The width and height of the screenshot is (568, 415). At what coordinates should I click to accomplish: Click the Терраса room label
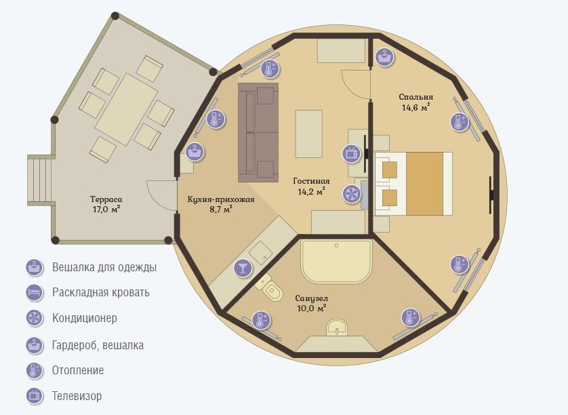pos(106,199)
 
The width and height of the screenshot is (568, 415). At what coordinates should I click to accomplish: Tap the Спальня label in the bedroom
pos(416,97)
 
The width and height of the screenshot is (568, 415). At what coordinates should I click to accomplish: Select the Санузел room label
pos(312,298)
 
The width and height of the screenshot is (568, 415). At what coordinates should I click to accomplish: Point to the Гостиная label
pos(311,181)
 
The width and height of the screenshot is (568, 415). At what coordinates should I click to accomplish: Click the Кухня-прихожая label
pos(221,199)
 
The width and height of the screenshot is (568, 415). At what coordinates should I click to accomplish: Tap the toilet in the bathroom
pos(270,288)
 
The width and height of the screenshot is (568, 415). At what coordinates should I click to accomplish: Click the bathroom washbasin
pos(337,328)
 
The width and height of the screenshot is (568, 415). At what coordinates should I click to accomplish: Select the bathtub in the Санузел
pos(336,261)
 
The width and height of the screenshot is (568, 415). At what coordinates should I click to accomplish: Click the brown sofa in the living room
pos(258,132)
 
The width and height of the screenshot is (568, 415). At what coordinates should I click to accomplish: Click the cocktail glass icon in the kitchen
pos(243,269)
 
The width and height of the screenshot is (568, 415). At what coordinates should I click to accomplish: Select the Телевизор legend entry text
pos(77,396)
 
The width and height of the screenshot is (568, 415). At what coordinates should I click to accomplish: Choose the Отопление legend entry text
pos(78,370)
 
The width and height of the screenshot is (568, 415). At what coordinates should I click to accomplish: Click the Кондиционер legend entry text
pos(85,318)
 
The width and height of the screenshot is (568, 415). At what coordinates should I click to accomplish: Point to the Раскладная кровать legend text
pos(101,292)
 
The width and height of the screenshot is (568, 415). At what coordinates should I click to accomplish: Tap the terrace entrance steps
pos(40,180)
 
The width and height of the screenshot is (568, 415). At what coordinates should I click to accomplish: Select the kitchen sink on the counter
pos(260,252)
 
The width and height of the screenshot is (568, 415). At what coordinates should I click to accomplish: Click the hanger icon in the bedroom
pos(384,57)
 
